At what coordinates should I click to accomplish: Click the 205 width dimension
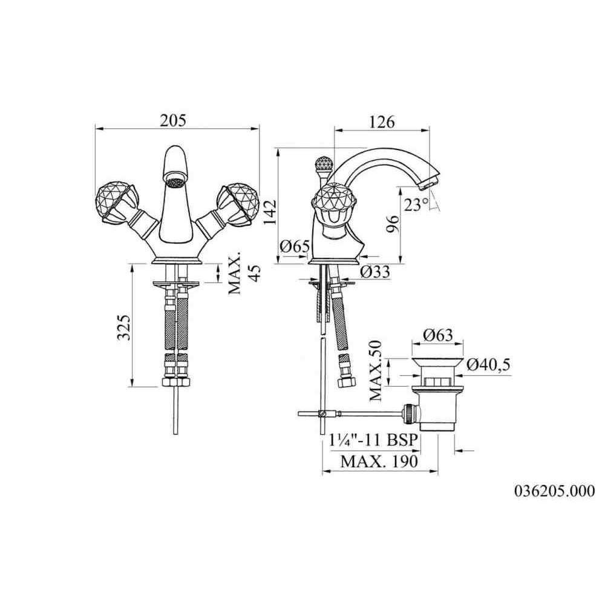point(173,120)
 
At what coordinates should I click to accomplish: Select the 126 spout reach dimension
point(382,122)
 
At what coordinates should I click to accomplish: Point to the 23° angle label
point(416,204)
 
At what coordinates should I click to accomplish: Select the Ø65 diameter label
point(295,246)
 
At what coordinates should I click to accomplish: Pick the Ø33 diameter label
point(375,272)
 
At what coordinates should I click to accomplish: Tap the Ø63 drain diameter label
point(437,335)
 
